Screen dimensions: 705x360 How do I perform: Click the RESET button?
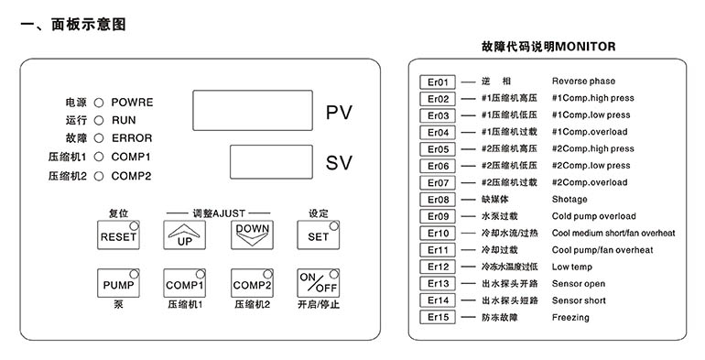tap(118, 235)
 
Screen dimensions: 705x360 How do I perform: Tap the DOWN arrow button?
tap(252, 235)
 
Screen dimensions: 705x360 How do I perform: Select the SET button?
tap(318, 235)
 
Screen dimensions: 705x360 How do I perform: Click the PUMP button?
tap(118, 283)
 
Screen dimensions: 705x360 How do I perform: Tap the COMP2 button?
tap(252, 283)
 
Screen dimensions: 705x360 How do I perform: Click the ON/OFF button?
tap(318, 283)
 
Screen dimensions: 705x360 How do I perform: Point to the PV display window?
tap(253, 110)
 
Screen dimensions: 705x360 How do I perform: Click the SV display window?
tap(271, 162)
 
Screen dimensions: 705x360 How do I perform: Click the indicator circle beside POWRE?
tap(99, 103)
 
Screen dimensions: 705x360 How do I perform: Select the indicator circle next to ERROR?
tap(99, 138)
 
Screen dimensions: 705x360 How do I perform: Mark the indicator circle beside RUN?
tap(99, 121)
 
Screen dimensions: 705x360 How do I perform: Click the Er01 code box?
tap(438, 82)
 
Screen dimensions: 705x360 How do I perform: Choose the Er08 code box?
tap(438, 200)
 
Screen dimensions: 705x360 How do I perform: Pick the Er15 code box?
tap(438, 317)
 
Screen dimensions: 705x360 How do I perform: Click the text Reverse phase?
tap(583, 82)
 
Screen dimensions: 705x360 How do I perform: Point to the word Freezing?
tap(570, 318)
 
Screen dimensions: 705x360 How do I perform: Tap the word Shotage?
tap(569, 200)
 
